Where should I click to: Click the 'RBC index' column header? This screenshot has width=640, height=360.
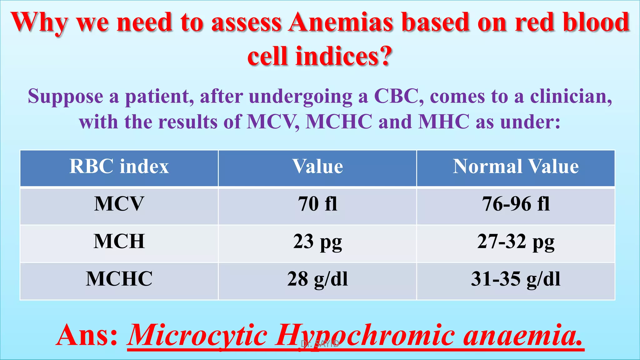pyautogui.click(x=119, y=166)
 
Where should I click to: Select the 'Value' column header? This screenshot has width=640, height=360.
pyautogui.click(x=317, y=166)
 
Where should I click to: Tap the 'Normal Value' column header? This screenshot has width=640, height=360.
pyautogui.click(x=516, y=166)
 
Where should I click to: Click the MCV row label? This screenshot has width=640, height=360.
pyautogui.click(x=119, y=204)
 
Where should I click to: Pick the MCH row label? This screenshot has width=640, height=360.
pyautogui.click(x=119, y=241)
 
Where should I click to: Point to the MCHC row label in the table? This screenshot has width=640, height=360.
pyautogui.click(x=119, y=279)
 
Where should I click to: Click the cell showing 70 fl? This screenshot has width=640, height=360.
pyautogui.click(x=317, y=204)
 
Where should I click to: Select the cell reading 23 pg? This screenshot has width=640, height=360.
pyautogui.click(x=317, y=242)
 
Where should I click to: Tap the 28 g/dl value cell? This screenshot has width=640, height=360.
pyautogui.click(x=317, y=279)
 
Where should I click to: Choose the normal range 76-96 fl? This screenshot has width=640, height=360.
pyautogui.click(x=516, y=204)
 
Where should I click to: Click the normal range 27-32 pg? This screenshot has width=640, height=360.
pyautogui.click(x=516, y=242)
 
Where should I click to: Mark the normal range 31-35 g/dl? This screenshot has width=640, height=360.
pyautogui.click(x=516, y=279)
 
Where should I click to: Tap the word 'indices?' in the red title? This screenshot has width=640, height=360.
pyautogui.click(x=344, y=56)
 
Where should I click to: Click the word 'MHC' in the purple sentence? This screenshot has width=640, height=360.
pyautogui.click(x=444, y=122)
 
